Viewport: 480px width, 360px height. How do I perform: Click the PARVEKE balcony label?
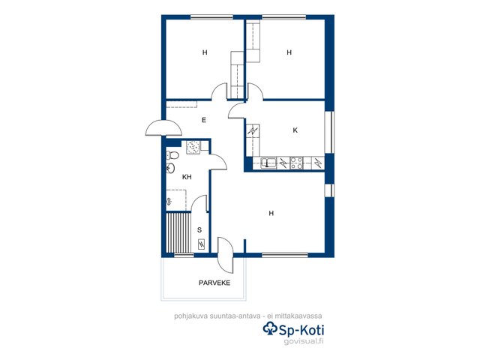tap(214, 283)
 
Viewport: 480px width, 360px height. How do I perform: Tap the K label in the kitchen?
tap(295, 130)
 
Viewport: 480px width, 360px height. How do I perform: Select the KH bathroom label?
tap(187, 177)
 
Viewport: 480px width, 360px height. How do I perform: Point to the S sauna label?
tap(199, 230)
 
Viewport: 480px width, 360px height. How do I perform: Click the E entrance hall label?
tap(204, 120)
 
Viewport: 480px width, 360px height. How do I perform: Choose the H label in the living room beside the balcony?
tap(271, 213)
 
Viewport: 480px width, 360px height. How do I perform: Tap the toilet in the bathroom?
tap(172, 155)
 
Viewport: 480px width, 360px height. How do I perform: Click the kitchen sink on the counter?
tap(268, 163)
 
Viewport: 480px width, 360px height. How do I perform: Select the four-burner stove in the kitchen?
tap(296, 163)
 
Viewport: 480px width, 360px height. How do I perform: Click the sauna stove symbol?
tap(201, 244)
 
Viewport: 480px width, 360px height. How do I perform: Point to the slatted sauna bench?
tap(178, 232)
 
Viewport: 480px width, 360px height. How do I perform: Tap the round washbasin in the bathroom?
tap(170, 168)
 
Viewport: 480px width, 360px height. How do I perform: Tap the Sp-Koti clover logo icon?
tap(270, 328)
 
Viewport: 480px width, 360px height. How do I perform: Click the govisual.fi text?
tap(303, 341)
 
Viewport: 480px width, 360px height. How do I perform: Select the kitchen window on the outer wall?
tap(329, 132)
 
